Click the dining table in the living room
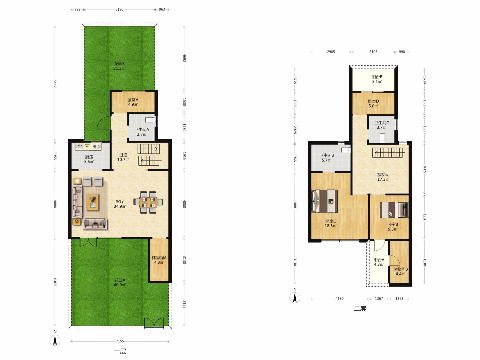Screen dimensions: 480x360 click(148, 202)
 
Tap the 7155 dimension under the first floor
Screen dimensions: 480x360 click(120, 341)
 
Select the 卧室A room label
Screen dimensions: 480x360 click(133, 100)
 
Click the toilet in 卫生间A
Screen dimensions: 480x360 click(150, 120)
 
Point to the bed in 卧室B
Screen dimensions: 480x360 click(394, 210)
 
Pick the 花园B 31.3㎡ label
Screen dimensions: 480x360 click(119, 66)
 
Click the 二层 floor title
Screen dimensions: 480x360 click(360, 309)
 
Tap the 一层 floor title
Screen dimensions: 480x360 click(120, 351)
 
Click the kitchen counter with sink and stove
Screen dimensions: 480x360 click(88, 146)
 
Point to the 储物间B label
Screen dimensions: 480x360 click(400, 269)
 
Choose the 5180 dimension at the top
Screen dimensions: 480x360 click(119, 9)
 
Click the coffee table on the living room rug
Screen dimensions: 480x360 click(93, 202)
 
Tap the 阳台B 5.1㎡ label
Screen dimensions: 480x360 click(377, 79)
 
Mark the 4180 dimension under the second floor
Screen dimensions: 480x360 click(340, 299)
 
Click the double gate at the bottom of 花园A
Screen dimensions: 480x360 click(154, 323)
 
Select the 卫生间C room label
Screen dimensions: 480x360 click(382, 123)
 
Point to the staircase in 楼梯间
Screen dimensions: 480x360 click(388, 152)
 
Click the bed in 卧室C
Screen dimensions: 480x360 click(325, 201)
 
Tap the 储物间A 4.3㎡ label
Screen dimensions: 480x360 click(159, 260)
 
